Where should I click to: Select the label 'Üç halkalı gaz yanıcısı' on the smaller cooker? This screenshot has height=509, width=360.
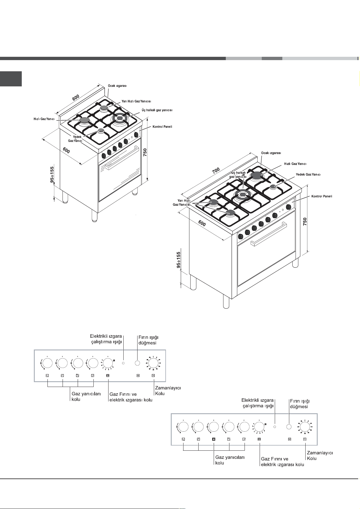tap(157, 110)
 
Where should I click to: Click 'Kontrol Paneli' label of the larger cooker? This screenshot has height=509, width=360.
tap(322, 196)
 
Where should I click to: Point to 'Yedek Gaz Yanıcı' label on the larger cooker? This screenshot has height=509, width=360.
tap(308, 174)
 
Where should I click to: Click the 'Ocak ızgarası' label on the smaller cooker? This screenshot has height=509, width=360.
tap(117, 86)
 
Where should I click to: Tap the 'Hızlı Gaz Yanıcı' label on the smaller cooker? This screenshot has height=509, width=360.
tap(44, 119)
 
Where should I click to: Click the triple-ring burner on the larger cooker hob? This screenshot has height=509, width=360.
tap(243, 195)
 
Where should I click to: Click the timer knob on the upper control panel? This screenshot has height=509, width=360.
tap(153, 363)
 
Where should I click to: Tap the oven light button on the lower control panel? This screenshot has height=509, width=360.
tap(289, 427)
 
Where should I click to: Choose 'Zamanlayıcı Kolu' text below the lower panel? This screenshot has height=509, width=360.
tap(319, 456)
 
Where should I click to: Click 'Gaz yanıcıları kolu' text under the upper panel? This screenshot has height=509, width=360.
tap(86, 396)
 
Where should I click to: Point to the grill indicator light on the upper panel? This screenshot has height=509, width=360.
tap(123, 362)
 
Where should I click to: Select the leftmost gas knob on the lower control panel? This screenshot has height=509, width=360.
tap(183, 427)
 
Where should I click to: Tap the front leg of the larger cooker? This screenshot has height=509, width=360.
tap(226, 301)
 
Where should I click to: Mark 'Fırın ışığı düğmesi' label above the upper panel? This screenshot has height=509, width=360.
tap(148, 340)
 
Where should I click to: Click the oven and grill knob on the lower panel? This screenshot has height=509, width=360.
tap(259, 427)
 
